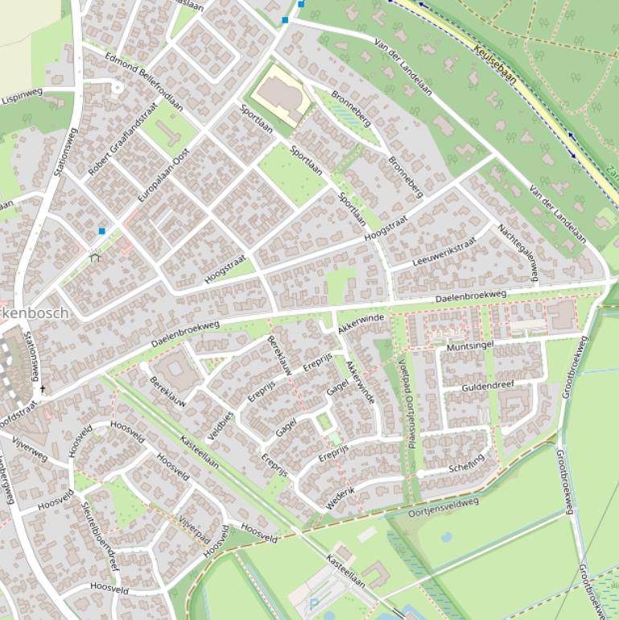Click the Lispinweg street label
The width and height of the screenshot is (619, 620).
point(22,96)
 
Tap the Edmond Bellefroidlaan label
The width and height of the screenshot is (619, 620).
point(144,82)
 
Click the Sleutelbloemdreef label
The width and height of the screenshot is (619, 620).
point(100,536)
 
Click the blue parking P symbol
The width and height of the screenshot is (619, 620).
point(314,602)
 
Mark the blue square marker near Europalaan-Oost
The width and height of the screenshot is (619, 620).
point(101,231)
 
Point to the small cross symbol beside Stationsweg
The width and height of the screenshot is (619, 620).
point(43,389)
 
